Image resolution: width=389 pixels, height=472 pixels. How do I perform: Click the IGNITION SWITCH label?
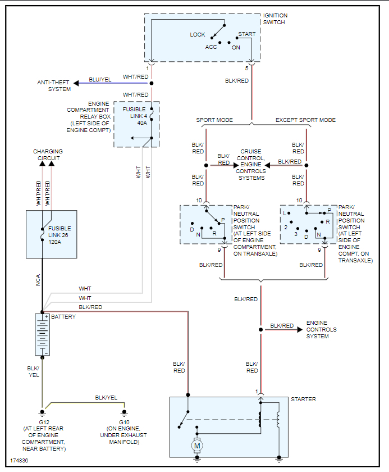click(x=274, y=18)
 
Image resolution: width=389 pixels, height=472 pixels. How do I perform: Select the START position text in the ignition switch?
click(x=247, y=34)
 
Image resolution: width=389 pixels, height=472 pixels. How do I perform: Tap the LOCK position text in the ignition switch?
click(x=198, y=35)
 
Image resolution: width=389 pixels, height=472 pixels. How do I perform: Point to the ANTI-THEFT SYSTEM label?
click(x=54, y=85)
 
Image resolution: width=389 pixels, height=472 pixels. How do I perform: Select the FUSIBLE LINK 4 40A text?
click(x=134, y=116)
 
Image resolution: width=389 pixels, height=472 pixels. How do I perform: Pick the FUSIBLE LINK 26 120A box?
click(x=51, y=234)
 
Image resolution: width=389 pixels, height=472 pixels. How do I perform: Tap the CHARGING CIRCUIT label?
click(x=48, y=155)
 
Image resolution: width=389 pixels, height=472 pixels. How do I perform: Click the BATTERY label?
click(x=63, y=317)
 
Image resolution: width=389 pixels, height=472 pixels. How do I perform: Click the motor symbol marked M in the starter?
click(x=196, y=446)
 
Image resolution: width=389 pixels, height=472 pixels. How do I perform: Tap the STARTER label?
click(x=303, y=400)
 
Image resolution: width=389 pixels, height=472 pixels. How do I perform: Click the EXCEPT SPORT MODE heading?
click(x=305, y=120)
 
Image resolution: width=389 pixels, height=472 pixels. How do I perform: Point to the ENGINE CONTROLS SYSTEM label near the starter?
click(x=321, y=329)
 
